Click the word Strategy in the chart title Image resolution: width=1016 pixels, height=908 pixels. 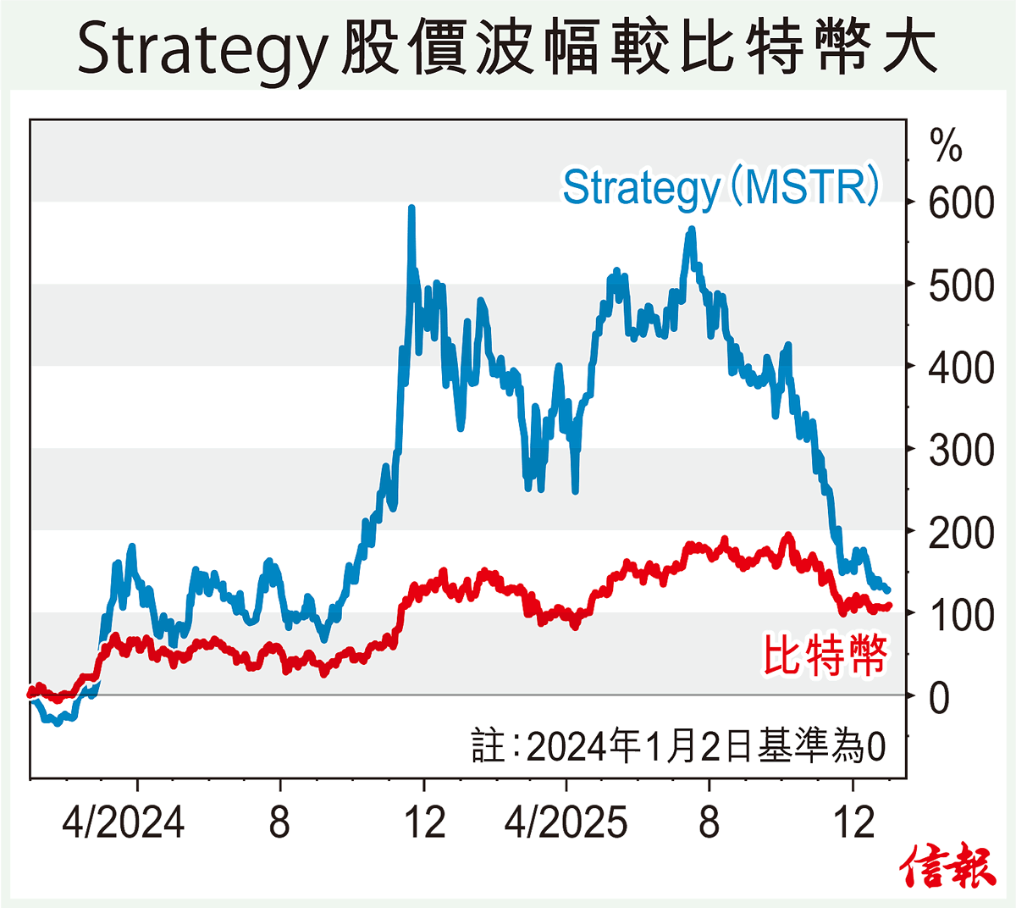201,49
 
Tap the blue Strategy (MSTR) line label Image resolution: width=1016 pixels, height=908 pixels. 721,187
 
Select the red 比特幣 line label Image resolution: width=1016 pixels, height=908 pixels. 825,655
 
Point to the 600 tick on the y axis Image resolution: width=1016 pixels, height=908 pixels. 961,203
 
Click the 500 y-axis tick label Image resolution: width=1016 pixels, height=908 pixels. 961,286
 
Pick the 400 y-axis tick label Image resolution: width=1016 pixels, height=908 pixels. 961,368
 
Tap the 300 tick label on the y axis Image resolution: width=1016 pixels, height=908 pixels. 961,451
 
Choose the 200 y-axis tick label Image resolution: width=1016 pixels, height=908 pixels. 961,533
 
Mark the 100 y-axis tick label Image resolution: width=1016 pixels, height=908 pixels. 961,615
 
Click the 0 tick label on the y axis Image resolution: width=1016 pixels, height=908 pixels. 939,698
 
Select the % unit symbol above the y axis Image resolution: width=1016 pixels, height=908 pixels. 946,146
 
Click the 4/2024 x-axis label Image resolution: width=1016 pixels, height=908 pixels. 124,822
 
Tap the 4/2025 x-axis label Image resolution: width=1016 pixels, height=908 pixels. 566,822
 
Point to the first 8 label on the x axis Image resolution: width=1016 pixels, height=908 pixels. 279,822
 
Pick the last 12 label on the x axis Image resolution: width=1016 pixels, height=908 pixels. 853,822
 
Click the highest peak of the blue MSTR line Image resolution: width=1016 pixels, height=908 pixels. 411,208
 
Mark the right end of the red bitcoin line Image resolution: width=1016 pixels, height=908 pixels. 888,606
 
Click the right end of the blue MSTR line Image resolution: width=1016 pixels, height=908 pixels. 887,590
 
